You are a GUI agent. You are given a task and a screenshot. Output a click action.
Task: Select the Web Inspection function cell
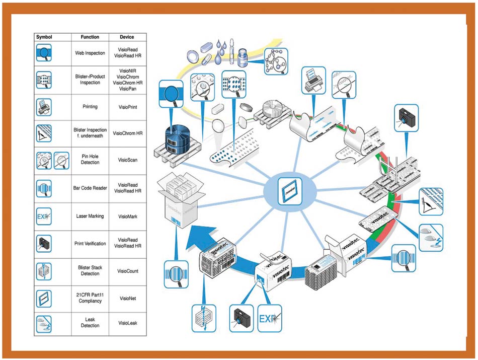90,53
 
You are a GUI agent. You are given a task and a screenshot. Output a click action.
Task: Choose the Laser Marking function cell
90,216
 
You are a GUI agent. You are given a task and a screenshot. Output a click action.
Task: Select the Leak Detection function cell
90,323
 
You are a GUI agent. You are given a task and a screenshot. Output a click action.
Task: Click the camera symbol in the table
44,244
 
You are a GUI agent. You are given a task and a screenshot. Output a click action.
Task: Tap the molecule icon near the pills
275,61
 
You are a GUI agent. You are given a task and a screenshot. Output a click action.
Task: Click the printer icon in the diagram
315,80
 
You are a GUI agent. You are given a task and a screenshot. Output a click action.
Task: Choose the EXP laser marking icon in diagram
270,319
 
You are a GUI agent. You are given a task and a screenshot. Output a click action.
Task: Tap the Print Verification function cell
90,244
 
